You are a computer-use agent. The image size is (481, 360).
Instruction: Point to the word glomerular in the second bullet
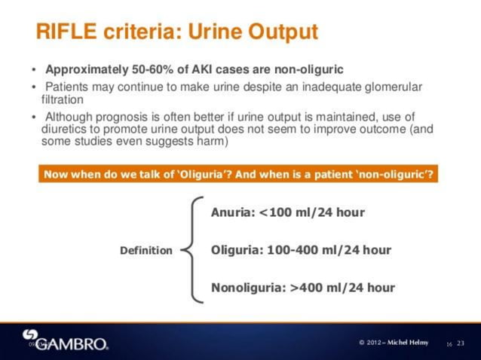pyautogui.click(x=388, y=87)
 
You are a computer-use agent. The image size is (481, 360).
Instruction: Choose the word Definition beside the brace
pyautogui.click(x=146, y=251)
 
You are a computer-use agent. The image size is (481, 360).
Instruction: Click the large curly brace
pyautogui.click(x=194, y=250)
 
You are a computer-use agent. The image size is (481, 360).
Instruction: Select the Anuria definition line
pyautogui.click(x=287, y=212)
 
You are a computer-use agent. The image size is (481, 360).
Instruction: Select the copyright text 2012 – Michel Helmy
pyautogui.click(x=394, y=343)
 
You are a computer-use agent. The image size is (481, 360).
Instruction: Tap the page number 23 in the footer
pyautogui.click(x=461, y=343)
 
